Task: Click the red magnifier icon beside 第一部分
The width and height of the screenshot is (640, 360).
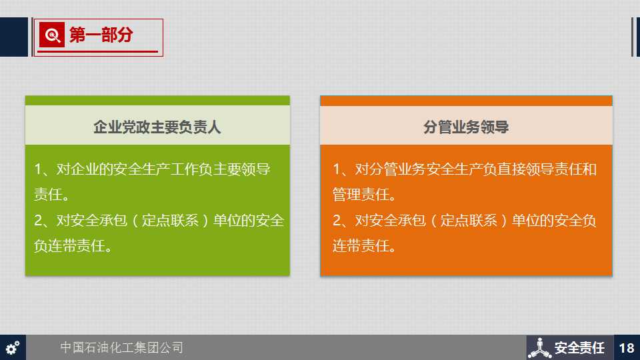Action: pos(52,35)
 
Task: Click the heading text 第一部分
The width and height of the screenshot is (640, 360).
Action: pos(101,35)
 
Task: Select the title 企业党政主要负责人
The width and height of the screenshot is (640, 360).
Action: pos(157,127)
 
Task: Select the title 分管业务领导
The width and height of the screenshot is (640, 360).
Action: pos(466,127)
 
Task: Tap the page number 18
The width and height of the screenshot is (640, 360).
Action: pos(626,348)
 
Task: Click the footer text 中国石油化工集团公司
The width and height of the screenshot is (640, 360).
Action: pos(121,347)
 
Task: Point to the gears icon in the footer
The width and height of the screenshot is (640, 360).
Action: pos(13,348)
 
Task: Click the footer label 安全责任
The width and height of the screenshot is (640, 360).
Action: pos(579,348)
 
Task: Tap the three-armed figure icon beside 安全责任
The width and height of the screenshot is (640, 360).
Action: pos(539,348)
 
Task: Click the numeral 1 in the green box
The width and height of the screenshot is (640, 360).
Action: pos(39,169)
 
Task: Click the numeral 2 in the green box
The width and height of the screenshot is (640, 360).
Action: pos(39,221)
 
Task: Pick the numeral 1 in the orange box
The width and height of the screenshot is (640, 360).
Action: pos(337,169)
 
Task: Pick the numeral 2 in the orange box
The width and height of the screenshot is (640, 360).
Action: pos(337,221)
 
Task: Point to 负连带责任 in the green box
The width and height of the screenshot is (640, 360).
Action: pos(69,246)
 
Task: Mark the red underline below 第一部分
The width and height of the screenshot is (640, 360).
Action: pos(97,51)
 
